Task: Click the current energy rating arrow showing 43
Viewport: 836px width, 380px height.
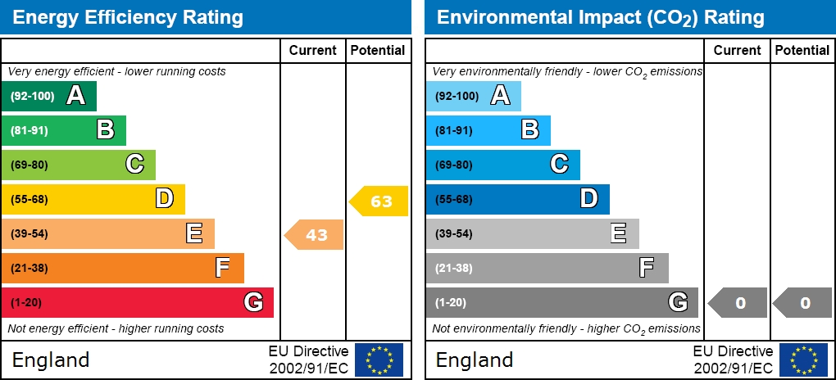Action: coord(315,235)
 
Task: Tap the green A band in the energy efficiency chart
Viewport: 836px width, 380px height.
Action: coord(49,96)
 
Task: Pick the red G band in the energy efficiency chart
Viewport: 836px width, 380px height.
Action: coord(137,302)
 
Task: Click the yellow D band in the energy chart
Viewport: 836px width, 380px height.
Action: coord(93,199)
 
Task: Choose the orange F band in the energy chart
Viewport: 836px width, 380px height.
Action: coord(122,268)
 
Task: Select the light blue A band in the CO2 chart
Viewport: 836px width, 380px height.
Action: coord(473,96)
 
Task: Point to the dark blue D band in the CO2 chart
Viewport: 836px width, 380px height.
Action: coord(517,199)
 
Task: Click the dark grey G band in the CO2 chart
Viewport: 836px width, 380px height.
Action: coord(561,302)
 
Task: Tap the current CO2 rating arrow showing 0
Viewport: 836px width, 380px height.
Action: coord(738,303)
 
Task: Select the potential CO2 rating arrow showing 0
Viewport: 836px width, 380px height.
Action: coord(803,303)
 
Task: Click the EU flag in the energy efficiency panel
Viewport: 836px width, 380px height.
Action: coord(379,360)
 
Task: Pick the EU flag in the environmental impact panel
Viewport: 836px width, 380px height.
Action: coord(803,360)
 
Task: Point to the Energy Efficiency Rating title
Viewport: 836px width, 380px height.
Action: coord(128,17)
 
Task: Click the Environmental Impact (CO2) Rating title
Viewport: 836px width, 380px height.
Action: coord(600,17)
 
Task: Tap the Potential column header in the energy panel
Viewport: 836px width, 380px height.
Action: coord(378,50)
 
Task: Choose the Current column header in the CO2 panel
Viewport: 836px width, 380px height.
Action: coord(738,50)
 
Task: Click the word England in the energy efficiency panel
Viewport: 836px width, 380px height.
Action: coord(51,360)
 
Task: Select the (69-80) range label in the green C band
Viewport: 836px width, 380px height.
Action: coord(30,165)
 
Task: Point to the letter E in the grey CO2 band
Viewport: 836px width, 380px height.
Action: coord(619,233)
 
